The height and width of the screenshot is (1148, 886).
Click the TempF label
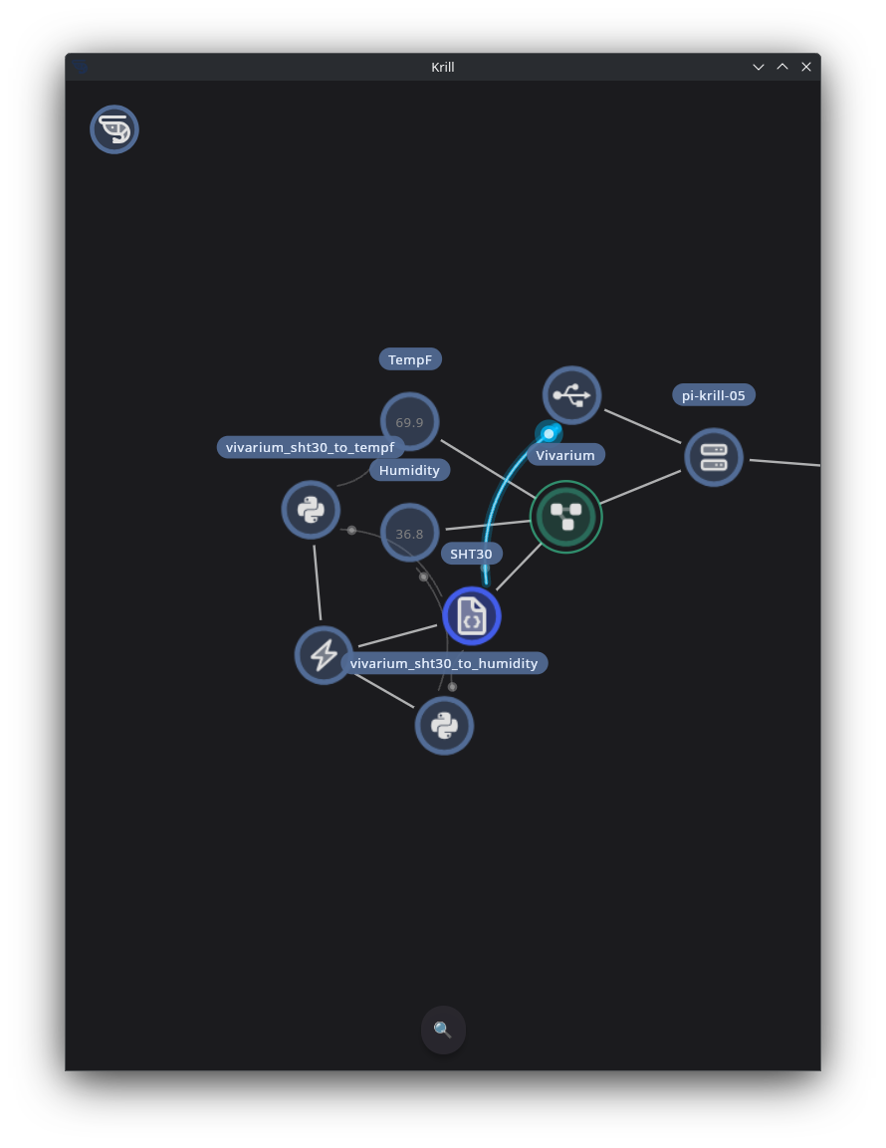click(x=410, y=359)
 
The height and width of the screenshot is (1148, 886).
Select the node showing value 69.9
click(x=409, y=422)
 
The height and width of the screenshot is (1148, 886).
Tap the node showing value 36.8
click(x=409, y=533)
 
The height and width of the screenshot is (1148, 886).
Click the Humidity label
click(x=409, y=470)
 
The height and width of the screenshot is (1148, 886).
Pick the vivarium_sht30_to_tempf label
click(x=310, y=447)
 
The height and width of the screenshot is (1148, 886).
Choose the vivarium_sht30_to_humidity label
click(x=444, y=663)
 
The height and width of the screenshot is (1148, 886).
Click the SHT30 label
click(x=471, y=554)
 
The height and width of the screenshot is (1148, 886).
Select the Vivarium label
click(x=565, y=455)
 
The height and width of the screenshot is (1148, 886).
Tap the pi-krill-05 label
click(x=713, y=395)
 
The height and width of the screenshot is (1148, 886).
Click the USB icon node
click(x=571, y=395)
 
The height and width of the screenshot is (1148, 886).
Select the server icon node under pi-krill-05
click(x=714, y=458)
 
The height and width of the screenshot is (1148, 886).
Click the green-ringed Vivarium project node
click(x=566, y=517)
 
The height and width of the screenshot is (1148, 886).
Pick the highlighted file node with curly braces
click(x=472, y=616)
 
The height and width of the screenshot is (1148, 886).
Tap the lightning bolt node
click(x=324, y=655)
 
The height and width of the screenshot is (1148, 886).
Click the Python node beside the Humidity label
click(x=312, y=510)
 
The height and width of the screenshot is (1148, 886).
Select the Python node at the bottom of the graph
click(x=444, y=726)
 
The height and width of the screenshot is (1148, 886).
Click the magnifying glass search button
click(x=443, y=1031)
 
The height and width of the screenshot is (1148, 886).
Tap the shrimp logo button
click(x=114, y=129)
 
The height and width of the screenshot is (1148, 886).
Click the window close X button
click(x=806, y=67)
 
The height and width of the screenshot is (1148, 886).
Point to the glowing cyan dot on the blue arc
click(x=549, y=433)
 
